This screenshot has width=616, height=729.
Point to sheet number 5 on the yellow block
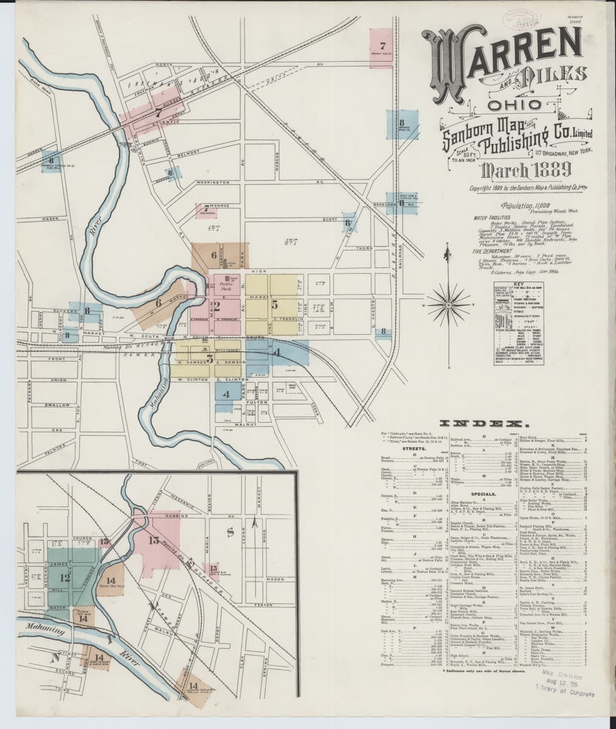275,304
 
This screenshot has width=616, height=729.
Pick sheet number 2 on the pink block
216,305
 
